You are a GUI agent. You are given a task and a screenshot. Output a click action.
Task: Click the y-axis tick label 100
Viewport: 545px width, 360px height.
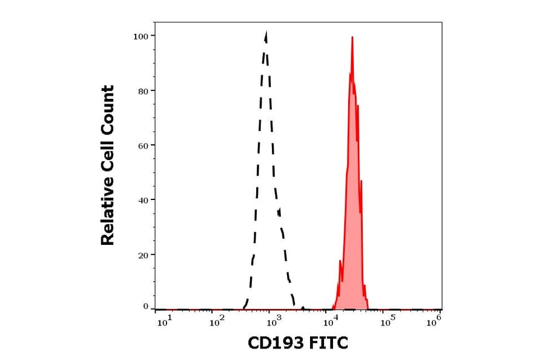(140, 36)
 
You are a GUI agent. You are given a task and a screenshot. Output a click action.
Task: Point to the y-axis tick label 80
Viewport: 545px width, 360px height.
(143, 91)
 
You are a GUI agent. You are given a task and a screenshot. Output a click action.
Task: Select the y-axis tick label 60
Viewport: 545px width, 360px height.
(143, 145)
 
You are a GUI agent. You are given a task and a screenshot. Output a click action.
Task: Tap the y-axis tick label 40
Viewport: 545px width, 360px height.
(143, 200)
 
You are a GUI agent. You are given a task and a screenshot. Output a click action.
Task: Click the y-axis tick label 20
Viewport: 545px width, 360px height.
(143, 255)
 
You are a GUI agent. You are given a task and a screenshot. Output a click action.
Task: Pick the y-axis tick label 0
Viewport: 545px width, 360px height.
(145, 307)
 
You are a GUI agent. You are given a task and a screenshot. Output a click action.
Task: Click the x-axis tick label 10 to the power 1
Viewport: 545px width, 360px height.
(164, 322)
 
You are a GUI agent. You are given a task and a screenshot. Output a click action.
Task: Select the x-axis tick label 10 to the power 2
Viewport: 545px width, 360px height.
(218, 322)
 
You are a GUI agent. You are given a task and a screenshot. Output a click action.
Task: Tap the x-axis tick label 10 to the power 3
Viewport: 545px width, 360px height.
(273, 322)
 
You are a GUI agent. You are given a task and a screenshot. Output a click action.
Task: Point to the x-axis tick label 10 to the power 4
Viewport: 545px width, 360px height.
(330, 322)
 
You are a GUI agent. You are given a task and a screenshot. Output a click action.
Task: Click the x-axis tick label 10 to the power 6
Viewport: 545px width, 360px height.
(434, 322)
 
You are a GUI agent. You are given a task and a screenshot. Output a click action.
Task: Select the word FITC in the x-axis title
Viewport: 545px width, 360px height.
(329, 344)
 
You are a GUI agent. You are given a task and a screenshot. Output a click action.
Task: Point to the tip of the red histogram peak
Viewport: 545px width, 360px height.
(352, 37)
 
